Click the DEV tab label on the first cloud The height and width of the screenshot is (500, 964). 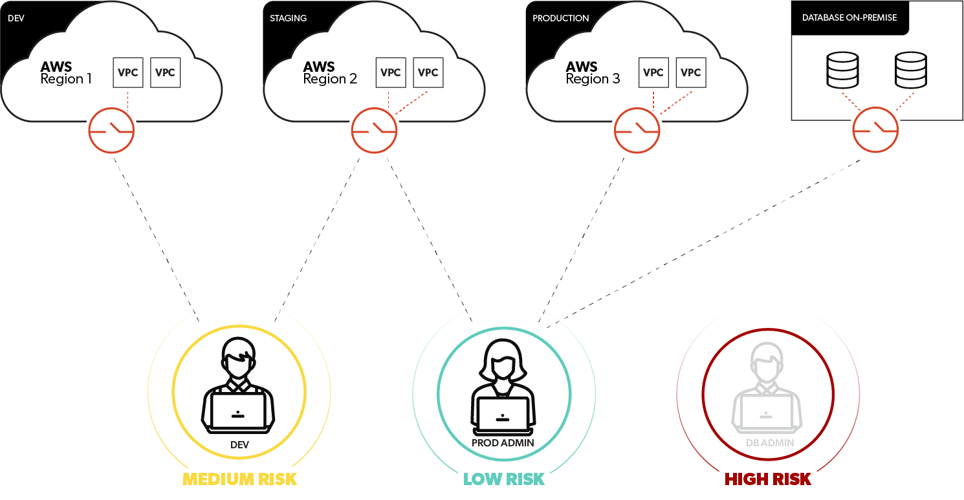16,18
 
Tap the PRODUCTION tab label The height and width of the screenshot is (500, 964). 560,18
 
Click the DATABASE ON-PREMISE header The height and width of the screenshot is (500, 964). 849,17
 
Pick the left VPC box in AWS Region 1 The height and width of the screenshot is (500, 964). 128,72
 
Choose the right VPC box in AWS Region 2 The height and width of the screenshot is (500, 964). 428,72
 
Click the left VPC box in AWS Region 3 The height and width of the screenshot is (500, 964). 653,72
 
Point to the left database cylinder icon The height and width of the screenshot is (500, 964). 842,70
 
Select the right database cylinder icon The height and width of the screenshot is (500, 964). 910,70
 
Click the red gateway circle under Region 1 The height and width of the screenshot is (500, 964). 111,131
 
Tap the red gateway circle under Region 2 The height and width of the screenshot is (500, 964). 374,131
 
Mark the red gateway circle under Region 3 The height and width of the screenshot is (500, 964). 637,131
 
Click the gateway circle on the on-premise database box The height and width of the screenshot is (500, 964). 876,129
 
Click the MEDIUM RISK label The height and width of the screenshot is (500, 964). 239,479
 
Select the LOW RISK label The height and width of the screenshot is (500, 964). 504,479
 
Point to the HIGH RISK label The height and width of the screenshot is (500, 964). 767,479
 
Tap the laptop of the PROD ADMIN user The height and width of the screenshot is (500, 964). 504,415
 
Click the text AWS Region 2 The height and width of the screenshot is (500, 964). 330,72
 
